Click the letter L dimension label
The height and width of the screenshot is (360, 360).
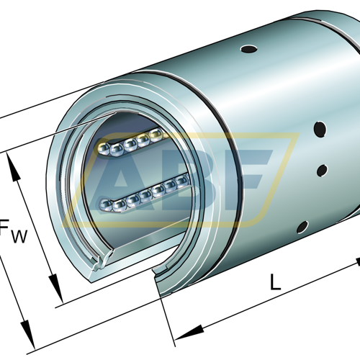tap(275, 282)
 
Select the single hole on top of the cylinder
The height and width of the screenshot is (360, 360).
tap(249, 49)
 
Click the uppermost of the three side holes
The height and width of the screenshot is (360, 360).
tap(320, 129)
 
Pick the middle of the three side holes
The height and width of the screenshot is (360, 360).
tap(322, 170)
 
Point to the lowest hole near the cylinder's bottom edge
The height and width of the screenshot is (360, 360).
tap(302, 227)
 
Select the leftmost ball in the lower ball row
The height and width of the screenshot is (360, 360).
tap(106, 204)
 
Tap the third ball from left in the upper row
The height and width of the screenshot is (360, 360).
tap(130, 145)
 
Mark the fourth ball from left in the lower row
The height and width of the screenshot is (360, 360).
tap(145, 195)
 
